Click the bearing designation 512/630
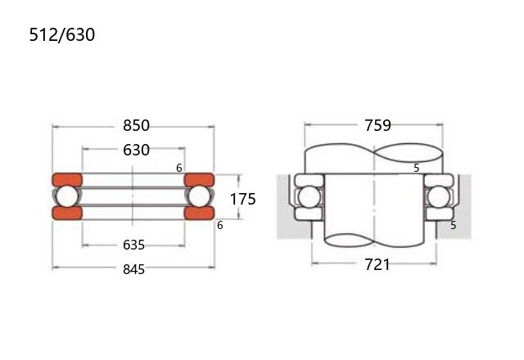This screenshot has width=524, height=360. (62, 34)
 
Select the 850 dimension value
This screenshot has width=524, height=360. (136, 125)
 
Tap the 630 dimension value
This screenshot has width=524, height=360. (136, 150)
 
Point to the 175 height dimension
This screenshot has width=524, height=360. (243, 199)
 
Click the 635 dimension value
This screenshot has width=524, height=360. (133, 245)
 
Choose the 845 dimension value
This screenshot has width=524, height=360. (133, 269)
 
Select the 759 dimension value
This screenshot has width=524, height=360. (377, 125)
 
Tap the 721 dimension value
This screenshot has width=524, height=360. (377, 264)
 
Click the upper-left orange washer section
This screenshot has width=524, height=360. (67, 180)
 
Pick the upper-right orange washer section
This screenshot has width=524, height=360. (199, 180)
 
